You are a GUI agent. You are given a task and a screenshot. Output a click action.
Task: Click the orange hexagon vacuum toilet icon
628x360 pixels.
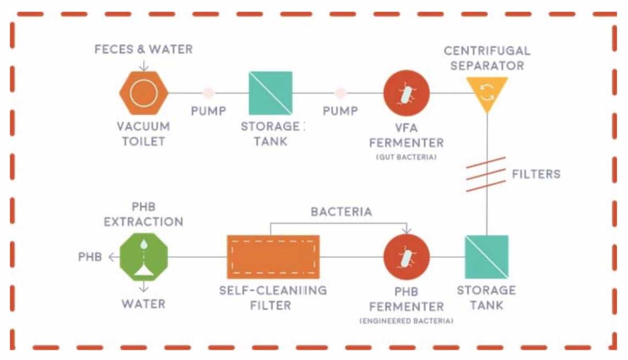[x=143, y=93]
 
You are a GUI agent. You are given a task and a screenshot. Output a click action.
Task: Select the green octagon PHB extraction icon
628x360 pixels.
[x=143, y=257]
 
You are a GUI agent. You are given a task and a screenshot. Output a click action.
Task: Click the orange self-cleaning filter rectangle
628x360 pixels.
[x=273, y=257]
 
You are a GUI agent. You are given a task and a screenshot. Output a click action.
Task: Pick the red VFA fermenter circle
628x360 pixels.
[x=407, y=93]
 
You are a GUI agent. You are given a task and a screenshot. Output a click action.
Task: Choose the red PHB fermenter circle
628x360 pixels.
[x=407, y=257]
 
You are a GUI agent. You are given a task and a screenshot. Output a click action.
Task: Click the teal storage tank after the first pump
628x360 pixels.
[x=271, y=93]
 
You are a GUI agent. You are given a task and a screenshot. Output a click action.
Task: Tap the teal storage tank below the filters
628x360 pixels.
[x=487, y=257]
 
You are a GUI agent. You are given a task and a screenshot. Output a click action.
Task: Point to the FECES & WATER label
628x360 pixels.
[x=143, y=49]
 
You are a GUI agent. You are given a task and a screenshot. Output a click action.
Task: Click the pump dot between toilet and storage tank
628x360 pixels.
[x=208, y=93]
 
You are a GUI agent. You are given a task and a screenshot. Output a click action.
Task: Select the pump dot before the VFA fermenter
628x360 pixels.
[x=341, y=93]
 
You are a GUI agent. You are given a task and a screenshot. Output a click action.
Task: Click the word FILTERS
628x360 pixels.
[x=536, y=174]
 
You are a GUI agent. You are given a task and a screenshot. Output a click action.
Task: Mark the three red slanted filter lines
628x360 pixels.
[x=486, y=174]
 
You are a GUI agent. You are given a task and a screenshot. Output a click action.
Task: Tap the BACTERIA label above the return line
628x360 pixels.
[x=341, y=212]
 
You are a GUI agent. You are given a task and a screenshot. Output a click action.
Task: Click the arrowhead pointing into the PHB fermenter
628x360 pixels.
[x=407, y=230]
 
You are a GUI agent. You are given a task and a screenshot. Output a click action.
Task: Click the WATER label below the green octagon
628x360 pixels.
[x=143, y=304]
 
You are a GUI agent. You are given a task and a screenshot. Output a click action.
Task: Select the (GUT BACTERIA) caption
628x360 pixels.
[x=407, y=157]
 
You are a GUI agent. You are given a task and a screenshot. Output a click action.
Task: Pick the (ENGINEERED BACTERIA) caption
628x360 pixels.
[x=407, y=321]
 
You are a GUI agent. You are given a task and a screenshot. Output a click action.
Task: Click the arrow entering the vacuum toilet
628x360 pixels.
[x=144, y=65]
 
